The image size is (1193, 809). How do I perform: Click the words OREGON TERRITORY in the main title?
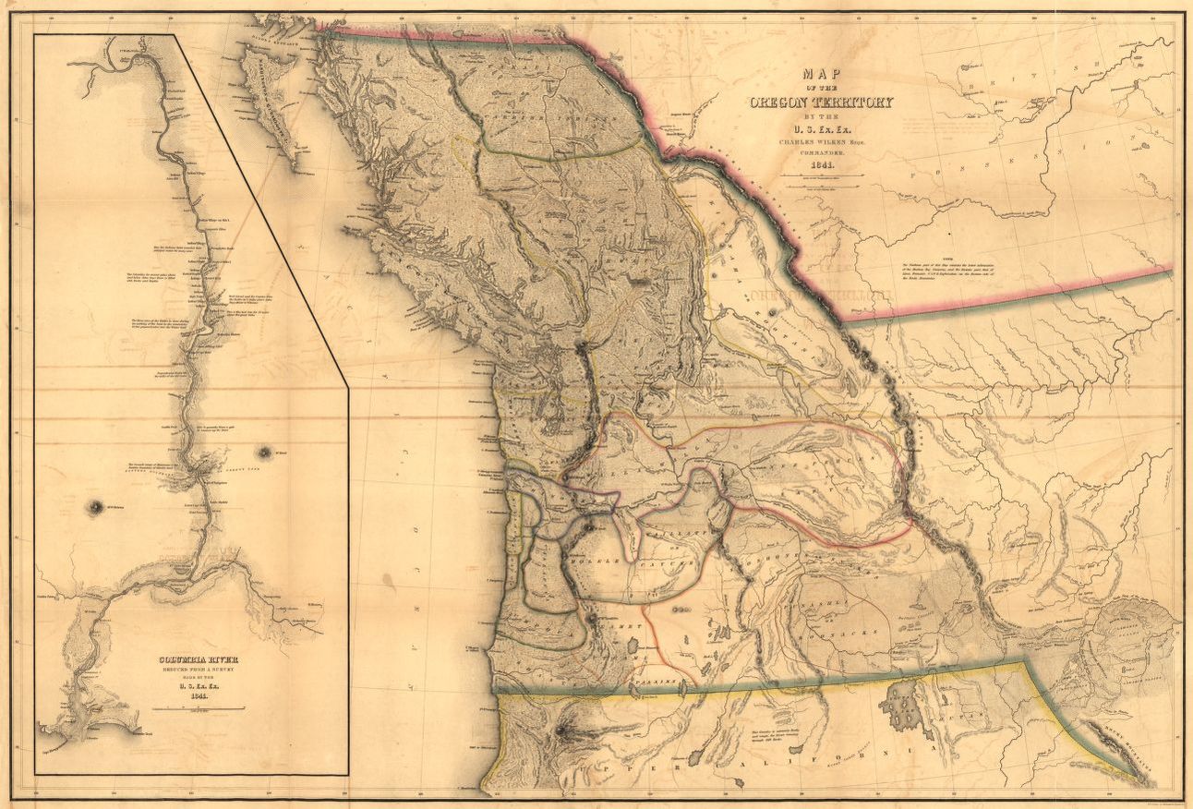tap(821, 102)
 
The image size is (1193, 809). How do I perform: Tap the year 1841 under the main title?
tap(821, 163)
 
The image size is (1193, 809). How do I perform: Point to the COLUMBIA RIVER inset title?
tap(198, 659)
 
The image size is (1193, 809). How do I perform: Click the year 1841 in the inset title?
tap(198, 696)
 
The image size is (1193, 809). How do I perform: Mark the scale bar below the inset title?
tap(198, 708)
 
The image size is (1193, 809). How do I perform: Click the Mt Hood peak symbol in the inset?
tap(265, 452)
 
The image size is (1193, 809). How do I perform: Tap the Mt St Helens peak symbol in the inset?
tap(95, 507)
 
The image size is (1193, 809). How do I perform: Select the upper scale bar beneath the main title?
tap(821, 175)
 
